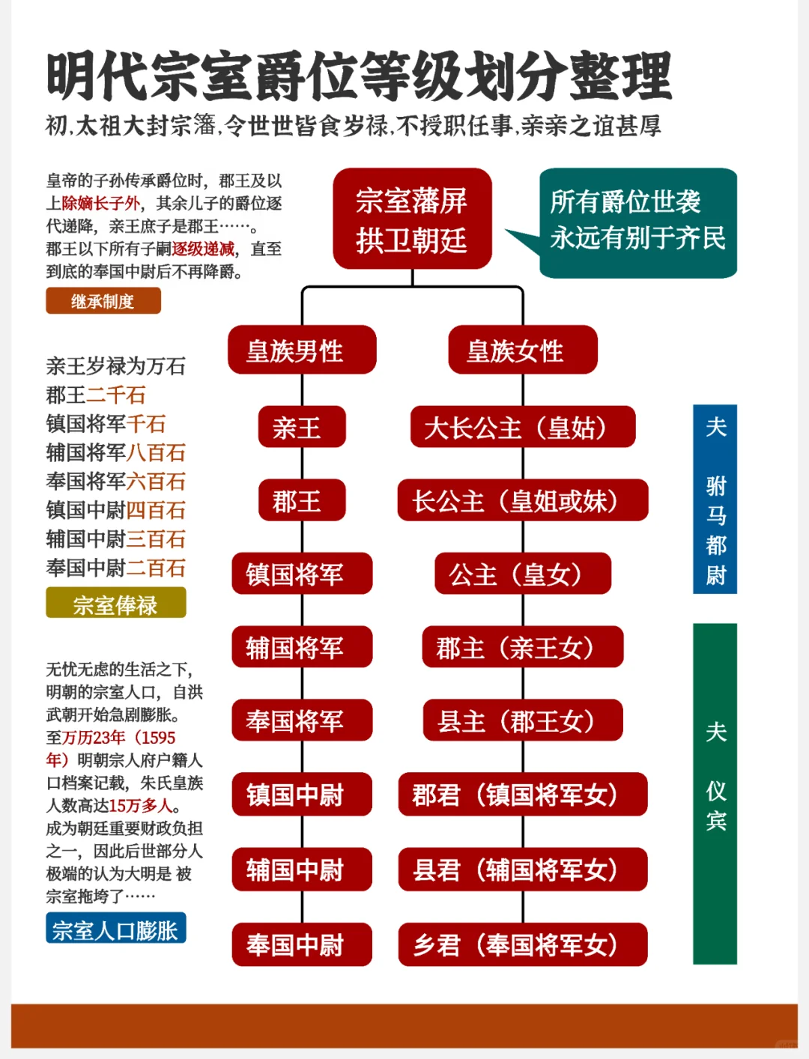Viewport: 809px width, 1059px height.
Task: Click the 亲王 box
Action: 302,428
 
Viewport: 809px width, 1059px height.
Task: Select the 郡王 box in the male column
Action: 302,500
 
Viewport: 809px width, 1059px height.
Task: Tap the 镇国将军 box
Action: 302,574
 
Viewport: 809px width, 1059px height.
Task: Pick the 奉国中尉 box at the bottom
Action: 302,944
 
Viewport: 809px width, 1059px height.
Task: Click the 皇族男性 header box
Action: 302,350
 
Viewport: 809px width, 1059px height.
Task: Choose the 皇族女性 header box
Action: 522,350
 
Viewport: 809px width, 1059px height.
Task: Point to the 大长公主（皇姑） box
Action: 522,428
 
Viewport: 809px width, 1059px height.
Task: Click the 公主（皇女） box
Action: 522,574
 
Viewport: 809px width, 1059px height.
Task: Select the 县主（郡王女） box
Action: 522,720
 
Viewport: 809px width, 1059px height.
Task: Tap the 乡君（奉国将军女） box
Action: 522,944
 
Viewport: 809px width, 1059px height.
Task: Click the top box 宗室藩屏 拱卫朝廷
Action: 412,219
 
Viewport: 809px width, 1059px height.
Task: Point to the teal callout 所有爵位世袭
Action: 638,222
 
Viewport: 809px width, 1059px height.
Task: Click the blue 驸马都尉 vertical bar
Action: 715,499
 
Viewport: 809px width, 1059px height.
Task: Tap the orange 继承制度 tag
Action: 103,301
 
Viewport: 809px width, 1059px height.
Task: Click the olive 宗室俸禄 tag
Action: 115,604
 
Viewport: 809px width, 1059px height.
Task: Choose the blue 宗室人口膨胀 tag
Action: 115,929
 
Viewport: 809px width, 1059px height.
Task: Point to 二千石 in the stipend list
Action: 116,395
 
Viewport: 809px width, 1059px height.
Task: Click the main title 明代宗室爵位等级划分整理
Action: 359,76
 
